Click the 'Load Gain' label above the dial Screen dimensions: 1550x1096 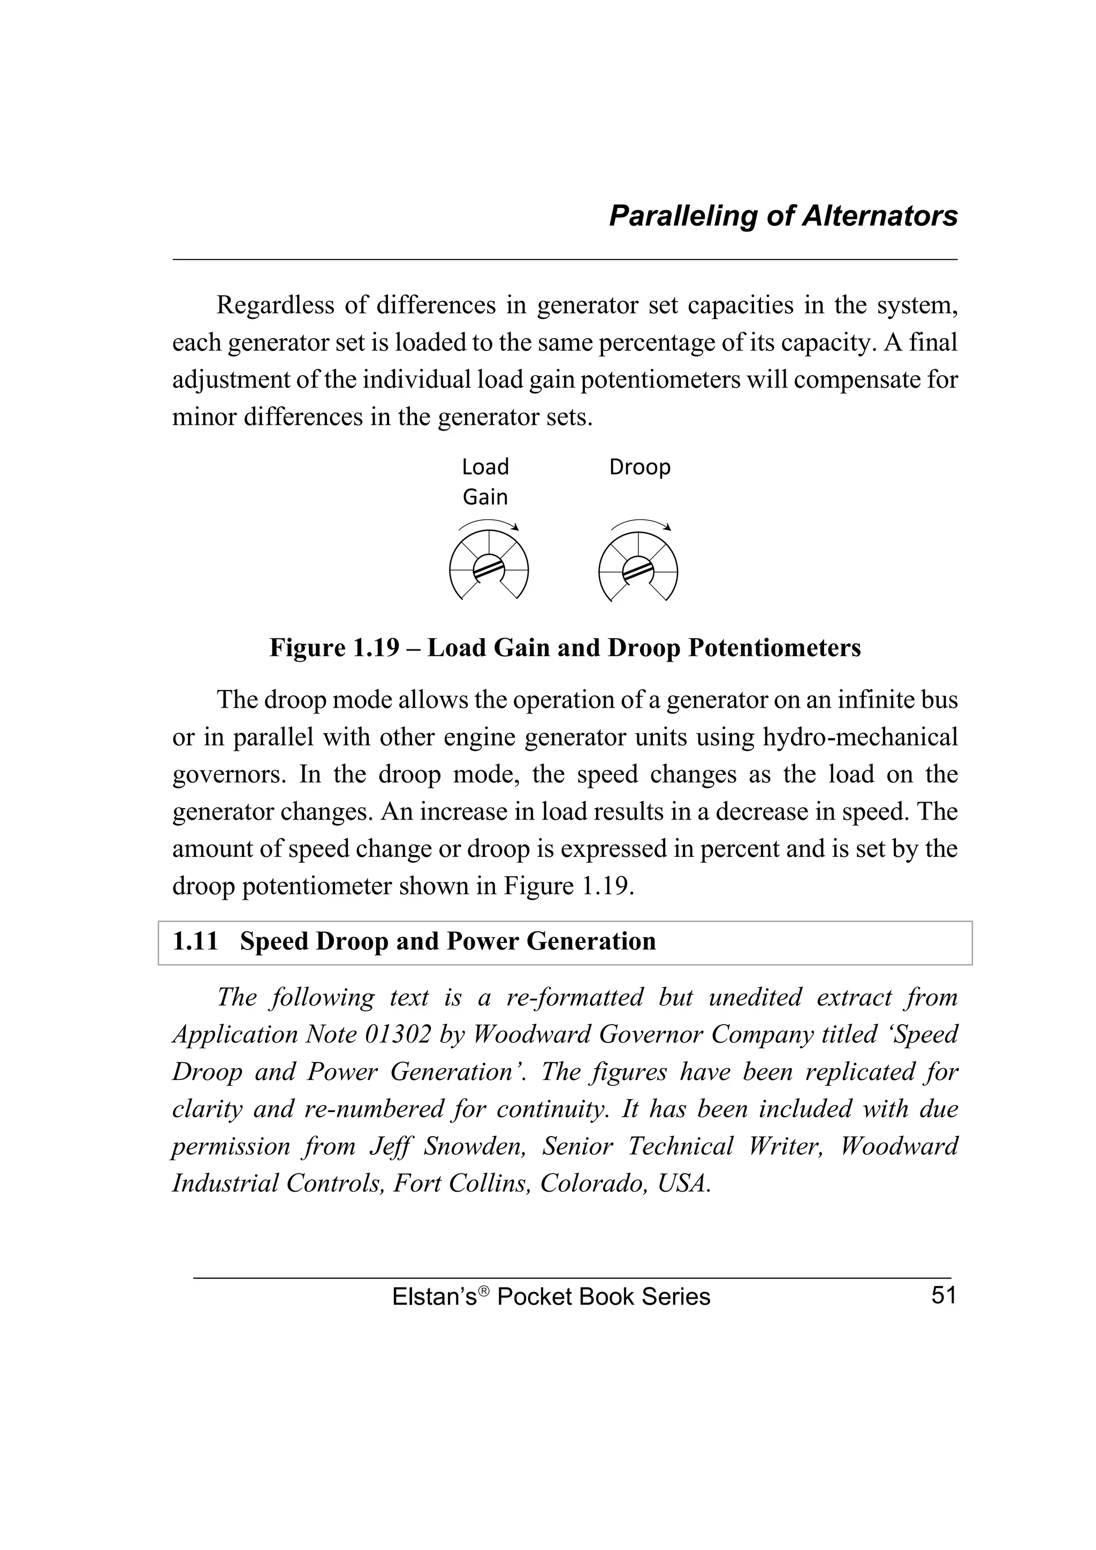pyautogui.click(x=485, y=481)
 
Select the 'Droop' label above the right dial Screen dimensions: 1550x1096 pyautogui.click(x=640, y=467)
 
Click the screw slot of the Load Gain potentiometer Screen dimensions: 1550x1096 pyautogui.click(x=488, y=569)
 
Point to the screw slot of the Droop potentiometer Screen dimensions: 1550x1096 pyautogui.click(x=637, y=570)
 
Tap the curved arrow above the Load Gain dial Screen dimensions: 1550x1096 pyautogui.click(x=488, y=523)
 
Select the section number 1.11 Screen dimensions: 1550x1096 pyautogui.click(x=195, y=941)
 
